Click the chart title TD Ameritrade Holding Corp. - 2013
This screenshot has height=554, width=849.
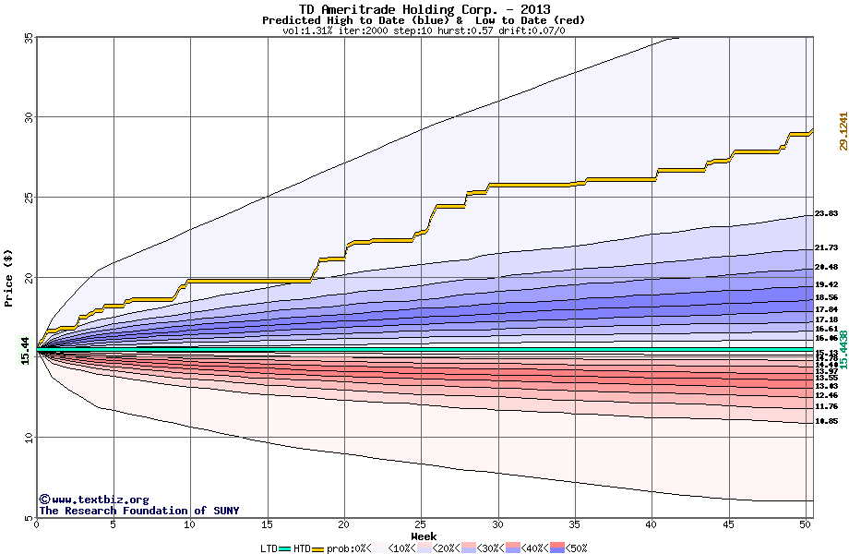pyautogui.click(x=424, y=9)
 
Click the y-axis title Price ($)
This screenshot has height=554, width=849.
pyautogui.click(x=9, y=277)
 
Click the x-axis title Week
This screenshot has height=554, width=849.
pyautogui.click(x=424, y=536)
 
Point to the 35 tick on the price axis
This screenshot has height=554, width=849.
pyautogui.click(x=28, y=38)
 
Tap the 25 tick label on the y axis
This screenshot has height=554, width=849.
pyautogui.click(x=28, y=198)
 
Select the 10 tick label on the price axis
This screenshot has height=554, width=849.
pyautogui.click(x=28, y=437)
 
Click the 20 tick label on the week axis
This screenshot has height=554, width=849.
pyautogui.click(x=344, y=525)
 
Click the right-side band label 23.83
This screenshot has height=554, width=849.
pyautogui.click(x=826, y=213)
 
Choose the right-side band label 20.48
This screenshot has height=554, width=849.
pyautogui.click(x=826, y=267)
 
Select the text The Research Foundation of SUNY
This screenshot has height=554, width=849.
pyautogui.click(x=138, y=511)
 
